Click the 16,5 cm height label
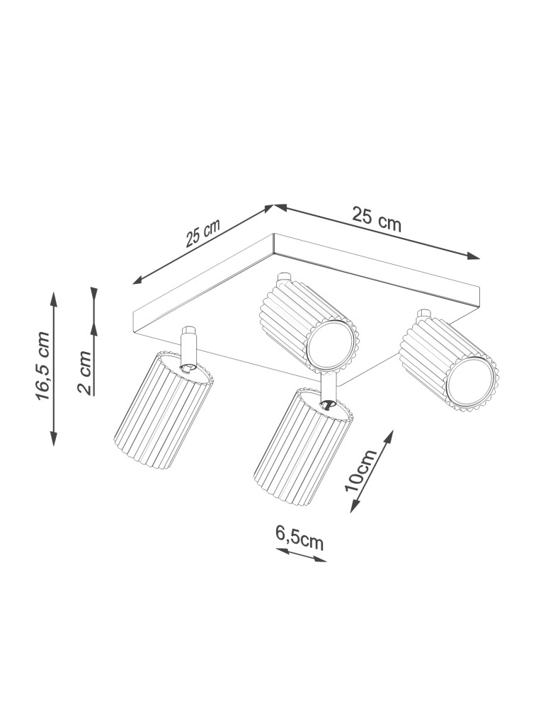[x=44, y=365]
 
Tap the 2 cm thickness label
[x=84, y=372]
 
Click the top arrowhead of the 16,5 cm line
[x=54, y=295]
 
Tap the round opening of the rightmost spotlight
[x=469, y=384]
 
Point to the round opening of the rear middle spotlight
[x=331, y=346]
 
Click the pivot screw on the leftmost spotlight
[x=188, y=366]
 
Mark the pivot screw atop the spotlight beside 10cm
[x=326, y=404]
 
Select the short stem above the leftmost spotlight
[x=189, y=344]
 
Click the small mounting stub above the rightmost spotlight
[x=425, y=314]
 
